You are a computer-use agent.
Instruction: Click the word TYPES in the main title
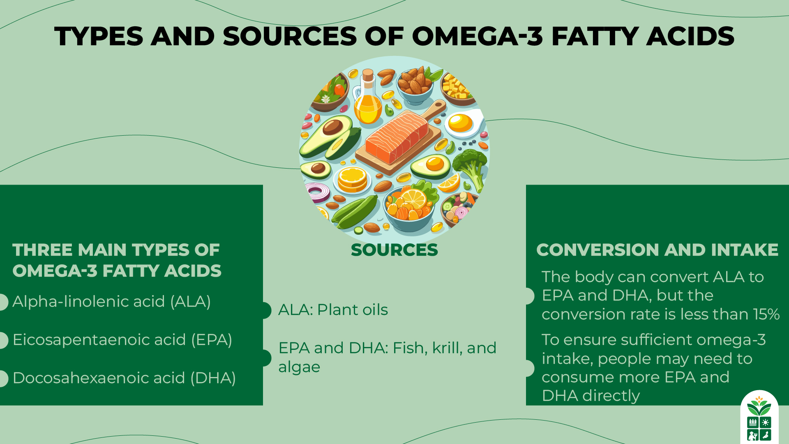coord(99,36)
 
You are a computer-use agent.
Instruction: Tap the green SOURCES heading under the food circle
coord(394,250)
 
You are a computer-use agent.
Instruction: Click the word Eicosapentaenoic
coord(99,340)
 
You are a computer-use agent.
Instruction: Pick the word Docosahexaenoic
coord(99,378)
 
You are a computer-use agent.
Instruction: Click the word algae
coord(299,367)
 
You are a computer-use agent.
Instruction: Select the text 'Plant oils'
coord(352,310)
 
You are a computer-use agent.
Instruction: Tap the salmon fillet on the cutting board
coord(397,138)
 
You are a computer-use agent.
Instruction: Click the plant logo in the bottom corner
coord(759,417)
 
